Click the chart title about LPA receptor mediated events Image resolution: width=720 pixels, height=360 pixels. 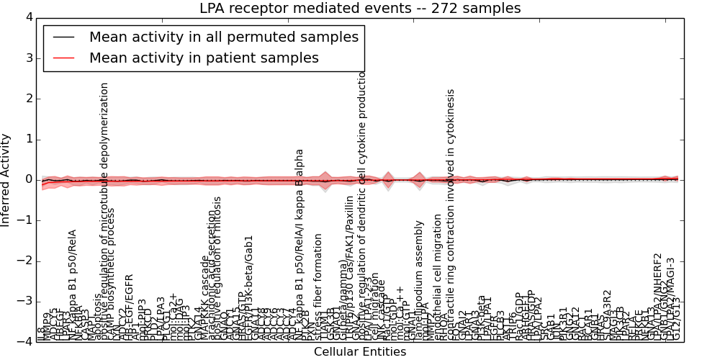tap(360, 9)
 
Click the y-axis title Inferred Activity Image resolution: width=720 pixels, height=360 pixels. tap(6, 179)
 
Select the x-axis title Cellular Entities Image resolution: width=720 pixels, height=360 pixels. tap(360, 352)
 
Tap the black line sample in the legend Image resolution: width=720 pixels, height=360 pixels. tap(63, 37)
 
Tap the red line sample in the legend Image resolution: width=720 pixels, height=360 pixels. tap(63, 58)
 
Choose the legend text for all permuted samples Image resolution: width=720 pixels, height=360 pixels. tap(222, 37)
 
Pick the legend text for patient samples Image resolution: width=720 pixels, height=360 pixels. tap(204, 58)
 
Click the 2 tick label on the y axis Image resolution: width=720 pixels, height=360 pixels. tap(28, 99)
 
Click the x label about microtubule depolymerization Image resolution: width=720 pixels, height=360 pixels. tap(104, 209)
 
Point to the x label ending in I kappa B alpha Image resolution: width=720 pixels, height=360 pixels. tap(300, 245)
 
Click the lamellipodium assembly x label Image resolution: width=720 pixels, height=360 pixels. tap(419, 281)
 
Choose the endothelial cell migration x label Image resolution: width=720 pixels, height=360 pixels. tap(438, 277)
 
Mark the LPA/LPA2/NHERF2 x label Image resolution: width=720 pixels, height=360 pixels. tap(657, 295)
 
